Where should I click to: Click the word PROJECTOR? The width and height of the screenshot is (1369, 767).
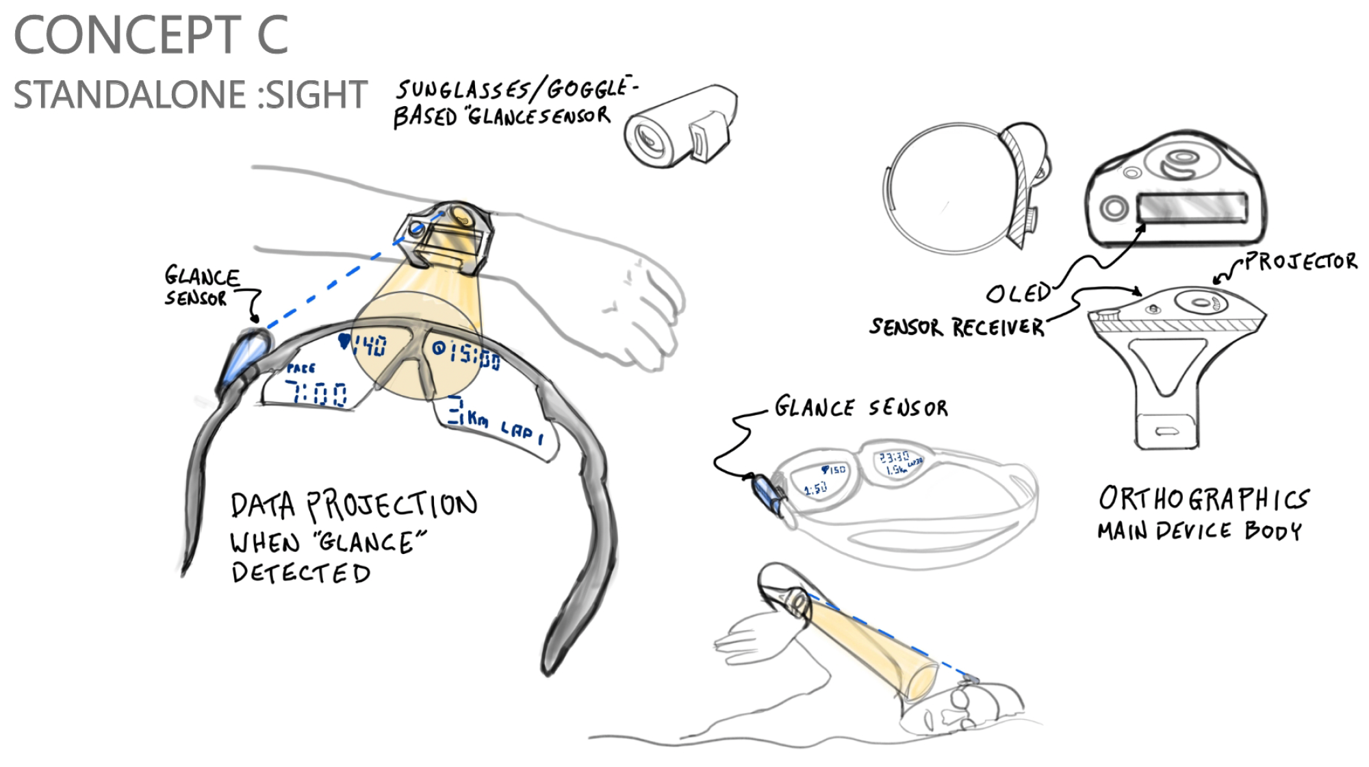click(x=1301, y=261)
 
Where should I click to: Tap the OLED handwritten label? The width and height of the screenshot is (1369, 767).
click(x=1018, y=293)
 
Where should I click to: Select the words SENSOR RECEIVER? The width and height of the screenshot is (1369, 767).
click(x=956, y=327)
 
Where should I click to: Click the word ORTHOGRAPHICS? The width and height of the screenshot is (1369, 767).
click(x=1203, y=499)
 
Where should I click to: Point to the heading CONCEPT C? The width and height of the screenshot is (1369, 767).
click(x=151, y=36)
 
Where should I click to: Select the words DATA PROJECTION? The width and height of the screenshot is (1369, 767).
click(x=353, y=505)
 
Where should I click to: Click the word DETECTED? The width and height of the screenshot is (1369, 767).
click(x=300, y=573)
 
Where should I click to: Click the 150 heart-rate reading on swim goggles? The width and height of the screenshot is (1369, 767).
click(x=834, y=470)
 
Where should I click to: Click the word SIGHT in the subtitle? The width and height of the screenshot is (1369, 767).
click(x=316, y=95)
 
